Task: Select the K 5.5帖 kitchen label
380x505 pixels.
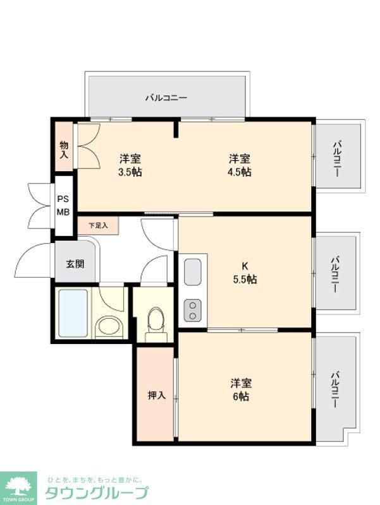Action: (244, 273)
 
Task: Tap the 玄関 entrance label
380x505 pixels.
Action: (75, 264)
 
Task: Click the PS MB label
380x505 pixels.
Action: (63, 205)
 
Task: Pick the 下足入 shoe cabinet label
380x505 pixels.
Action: (98, 225)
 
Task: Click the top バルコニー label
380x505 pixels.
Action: (166, 98)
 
